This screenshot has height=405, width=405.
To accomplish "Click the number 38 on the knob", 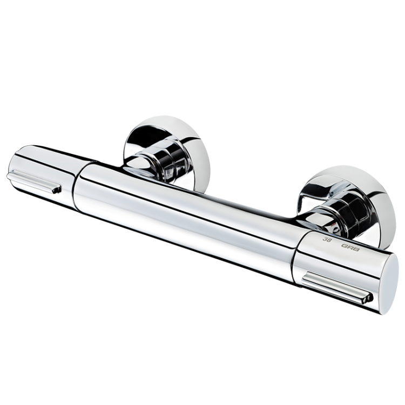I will [x=326, y=238].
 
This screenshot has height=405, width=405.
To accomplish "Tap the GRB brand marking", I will [x=348, y=246].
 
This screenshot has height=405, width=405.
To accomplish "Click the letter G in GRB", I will [x=343, y=245].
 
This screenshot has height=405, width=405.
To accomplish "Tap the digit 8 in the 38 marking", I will [x=329, y=239].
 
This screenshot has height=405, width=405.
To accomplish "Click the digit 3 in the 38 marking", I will [x=324, y=238].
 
